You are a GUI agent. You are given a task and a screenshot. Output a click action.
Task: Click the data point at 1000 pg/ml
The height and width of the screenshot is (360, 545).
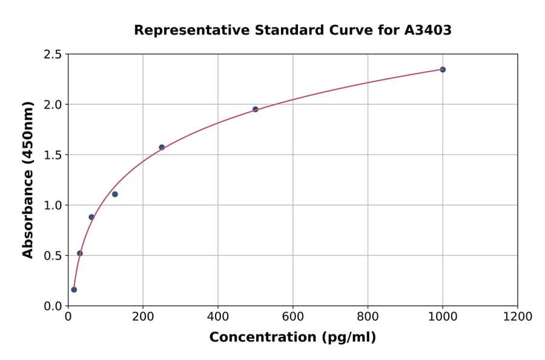443,70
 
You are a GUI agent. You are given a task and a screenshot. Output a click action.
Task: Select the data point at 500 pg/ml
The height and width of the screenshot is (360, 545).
256,109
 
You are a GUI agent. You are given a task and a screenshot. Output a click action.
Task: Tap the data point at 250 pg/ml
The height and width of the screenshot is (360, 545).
162,147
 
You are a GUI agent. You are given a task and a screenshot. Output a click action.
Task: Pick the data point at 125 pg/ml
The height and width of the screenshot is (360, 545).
115,194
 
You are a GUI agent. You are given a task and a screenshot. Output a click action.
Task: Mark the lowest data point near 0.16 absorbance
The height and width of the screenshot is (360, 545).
74,290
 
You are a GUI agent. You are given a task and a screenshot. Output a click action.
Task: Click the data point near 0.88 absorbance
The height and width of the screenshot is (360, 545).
91,217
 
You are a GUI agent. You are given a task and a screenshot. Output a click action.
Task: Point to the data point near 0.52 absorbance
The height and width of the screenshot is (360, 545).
80,253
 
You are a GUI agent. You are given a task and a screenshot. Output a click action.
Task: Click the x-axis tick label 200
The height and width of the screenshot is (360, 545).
143,317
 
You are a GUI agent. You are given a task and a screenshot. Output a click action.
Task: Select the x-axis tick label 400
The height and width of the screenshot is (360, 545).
218,317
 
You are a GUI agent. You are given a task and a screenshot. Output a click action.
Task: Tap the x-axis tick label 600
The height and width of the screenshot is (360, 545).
293,317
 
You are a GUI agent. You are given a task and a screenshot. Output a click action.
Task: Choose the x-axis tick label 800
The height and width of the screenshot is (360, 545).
368,317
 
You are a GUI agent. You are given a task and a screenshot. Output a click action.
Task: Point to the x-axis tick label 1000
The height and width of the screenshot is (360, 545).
443,317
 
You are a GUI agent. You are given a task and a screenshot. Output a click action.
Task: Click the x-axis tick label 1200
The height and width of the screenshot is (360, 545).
518,317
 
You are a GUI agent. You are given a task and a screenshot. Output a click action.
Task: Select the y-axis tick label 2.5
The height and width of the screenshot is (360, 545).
53,55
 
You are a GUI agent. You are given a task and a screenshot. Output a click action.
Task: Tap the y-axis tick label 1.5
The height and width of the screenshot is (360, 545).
53,155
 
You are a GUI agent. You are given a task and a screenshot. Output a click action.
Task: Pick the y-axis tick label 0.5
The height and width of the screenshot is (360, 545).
53,256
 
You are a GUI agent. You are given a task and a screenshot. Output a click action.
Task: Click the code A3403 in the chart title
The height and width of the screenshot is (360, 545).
428,30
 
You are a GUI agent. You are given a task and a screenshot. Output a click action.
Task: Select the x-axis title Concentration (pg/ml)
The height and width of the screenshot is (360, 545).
292,338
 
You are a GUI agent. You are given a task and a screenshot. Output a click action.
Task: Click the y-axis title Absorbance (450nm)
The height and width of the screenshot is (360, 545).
28,179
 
